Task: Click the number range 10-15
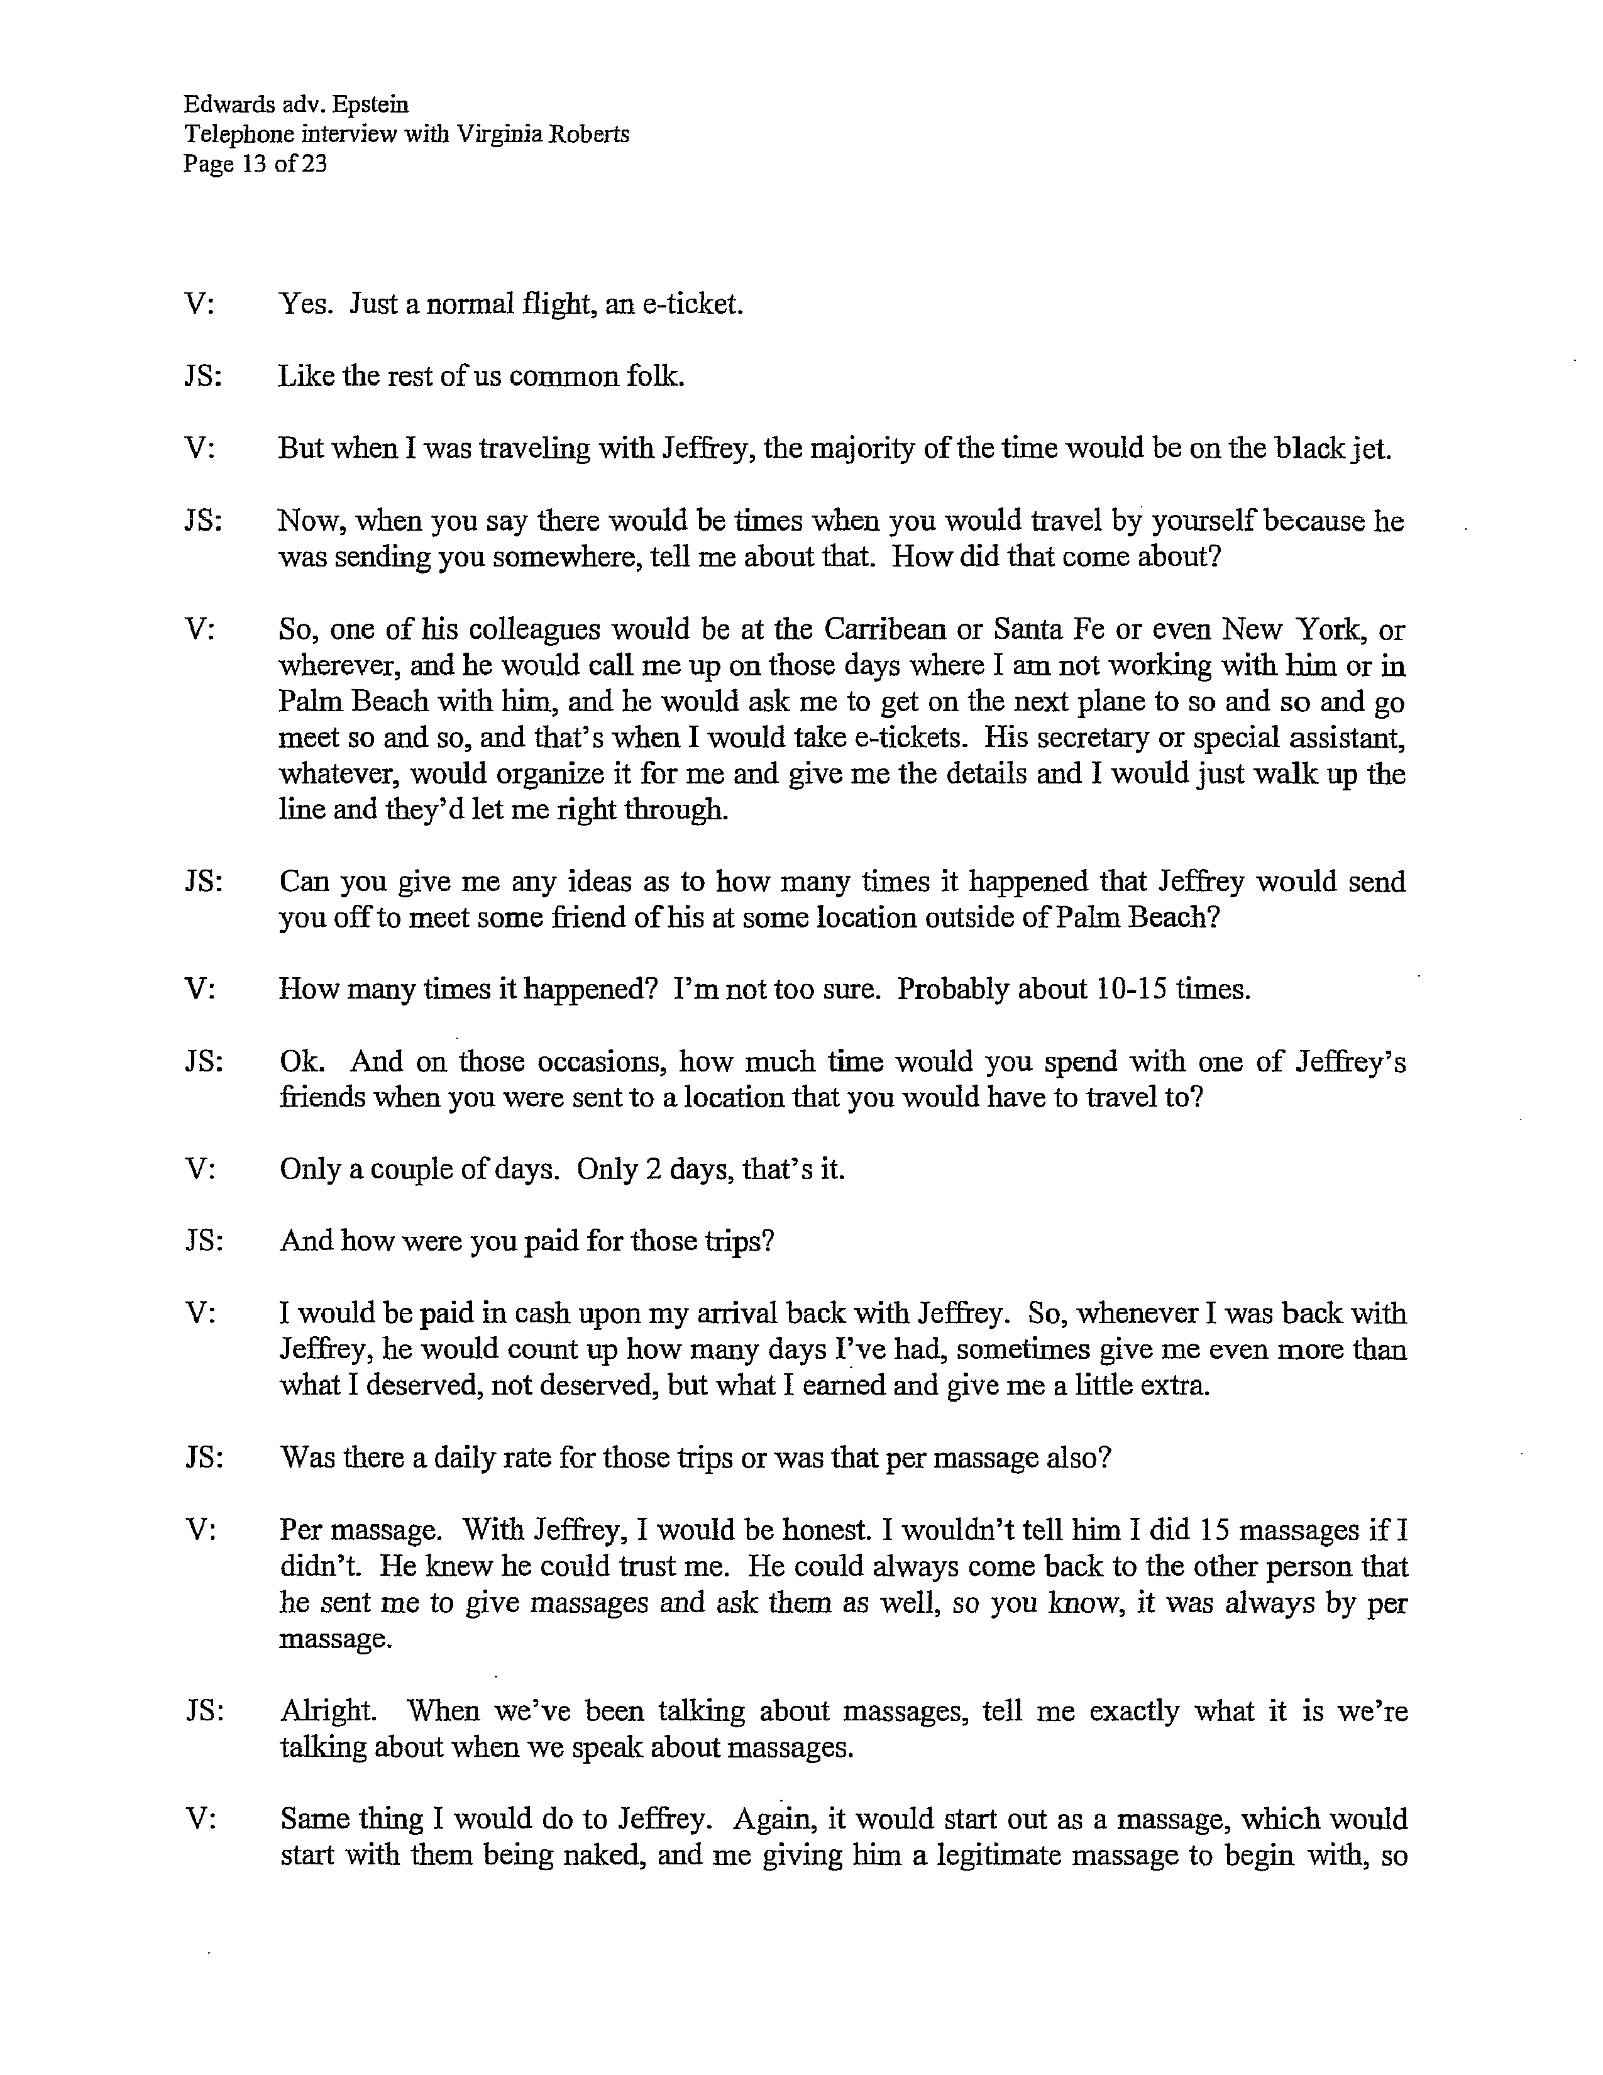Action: (1132, 989)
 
